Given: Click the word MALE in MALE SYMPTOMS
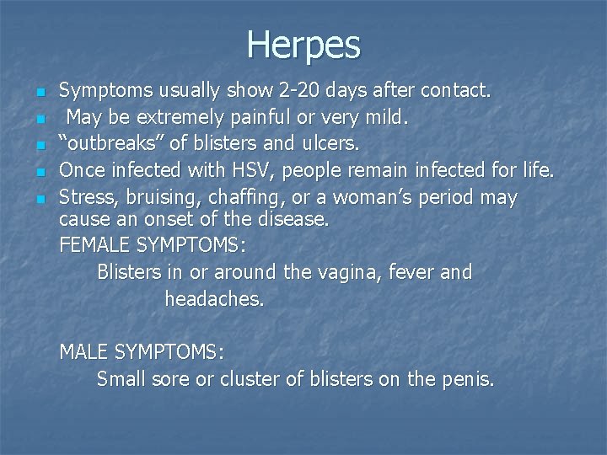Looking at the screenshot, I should pos(83,352).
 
